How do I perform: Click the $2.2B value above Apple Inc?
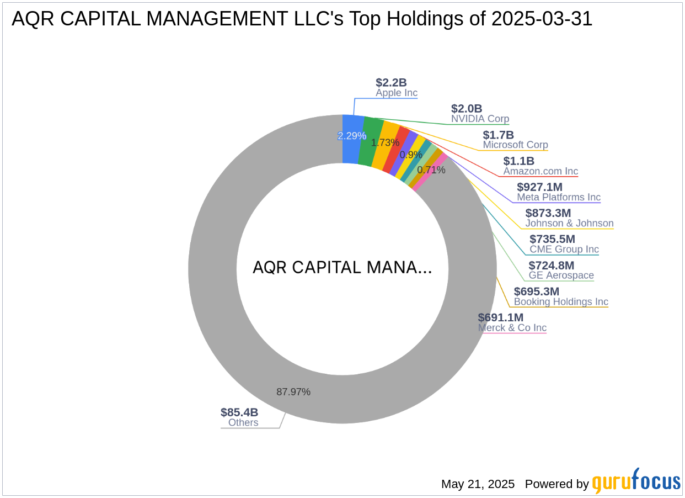391,83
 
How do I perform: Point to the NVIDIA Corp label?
480,119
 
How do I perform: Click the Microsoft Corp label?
515,145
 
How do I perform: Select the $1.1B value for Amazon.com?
518,161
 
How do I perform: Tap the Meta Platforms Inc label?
558,197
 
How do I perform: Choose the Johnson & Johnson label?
569,223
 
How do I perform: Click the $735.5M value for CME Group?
552,239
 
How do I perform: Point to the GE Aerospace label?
561,275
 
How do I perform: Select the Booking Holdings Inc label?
561,301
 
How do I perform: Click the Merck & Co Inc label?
512,327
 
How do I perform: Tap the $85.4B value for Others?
239,412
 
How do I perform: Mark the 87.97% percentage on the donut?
293,392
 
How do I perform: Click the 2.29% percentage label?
352,136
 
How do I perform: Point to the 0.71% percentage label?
431,170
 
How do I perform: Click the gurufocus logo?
636,482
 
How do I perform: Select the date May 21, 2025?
478,484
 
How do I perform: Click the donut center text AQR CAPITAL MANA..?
342,268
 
